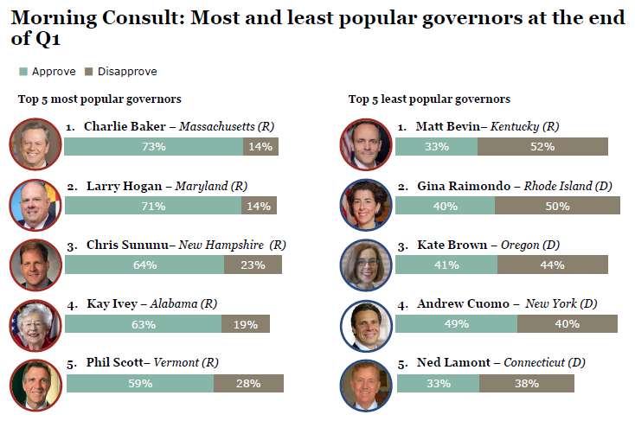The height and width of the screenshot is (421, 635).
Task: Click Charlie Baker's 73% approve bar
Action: pos(154,146)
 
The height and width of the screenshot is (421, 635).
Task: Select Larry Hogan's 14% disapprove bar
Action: pos(259,206)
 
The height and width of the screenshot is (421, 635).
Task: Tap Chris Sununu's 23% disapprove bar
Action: pos(253,265)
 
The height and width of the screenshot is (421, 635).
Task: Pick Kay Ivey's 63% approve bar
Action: pos(143,324)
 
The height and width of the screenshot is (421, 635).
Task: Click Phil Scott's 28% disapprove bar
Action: pos(248,383)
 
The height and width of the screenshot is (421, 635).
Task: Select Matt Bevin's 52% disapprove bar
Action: pos(542,146)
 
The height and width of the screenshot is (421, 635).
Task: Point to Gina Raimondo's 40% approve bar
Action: pos(445,206)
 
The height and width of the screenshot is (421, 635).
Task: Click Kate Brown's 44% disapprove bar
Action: pos(552,265)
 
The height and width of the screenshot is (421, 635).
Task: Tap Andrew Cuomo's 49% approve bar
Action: pos(456,324)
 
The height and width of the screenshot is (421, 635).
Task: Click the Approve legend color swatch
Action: pos(23,72)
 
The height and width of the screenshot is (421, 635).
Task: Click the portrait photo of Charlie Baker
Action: pos(35,144)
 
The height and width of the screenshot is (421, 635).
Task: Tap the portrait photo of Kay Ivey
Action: pos(35,323)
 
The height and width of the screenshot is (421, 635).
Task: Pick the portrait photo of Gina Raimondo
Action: pos(366,205)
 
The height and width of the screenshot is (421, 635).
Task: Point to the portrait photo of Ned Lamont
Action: pos(366,383)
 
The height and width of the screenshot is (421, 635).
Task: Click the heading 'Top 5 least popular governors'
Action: pos(429,99)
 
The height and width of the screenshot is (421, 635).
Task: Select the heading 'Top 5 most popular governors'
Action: pos(99,99)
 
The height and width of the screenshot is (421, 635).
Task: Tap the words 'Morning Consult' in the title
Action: pos(79,18)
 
